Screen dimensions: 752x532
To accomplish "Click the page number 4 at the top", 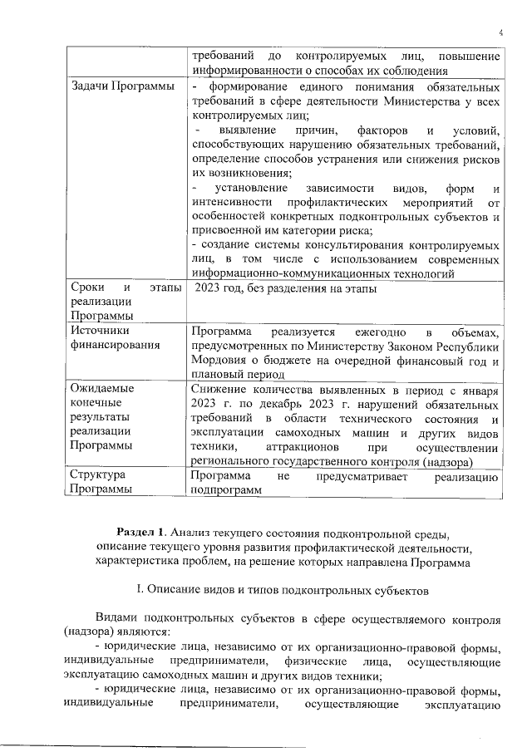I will click(502, 32).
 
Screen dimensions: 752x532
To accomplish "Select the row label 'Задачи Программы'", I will click(122, 88).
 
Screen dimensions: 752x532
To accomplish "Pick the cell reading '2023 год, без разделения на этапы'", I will click(286, 288).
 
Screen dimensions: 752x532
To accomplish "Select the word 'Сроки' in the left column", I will click(88, 288).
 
